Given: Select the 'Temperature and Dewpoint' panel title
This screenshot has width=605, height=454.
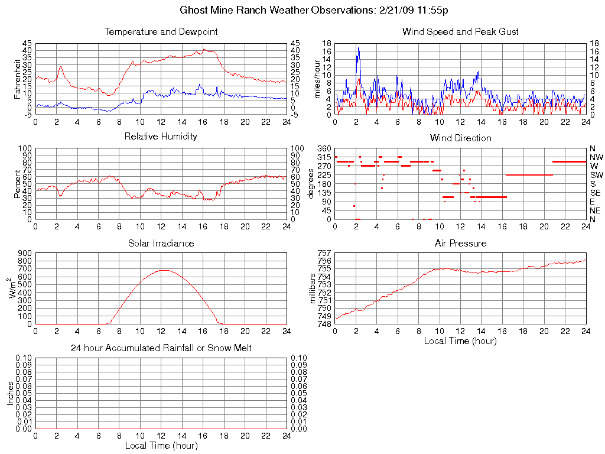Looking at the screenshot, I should (x=161, y=32).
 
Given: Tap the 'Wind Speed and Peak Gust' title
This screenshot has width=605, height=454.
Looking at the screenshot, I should (x=460, y=32).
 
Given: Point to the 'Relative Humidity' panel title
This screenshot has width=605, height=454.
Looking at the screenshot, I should (x=161, y=137).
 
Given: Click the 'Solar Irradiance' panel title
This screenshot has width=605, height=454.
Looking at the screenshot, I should (x=161, y=243).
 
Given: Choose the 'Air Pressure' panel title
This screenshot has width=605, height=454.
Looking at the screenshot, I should (x=460, y=243).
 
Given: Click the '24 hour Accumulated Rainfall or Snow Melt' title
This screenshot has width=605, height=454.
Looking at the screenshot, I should (x=161, y=348).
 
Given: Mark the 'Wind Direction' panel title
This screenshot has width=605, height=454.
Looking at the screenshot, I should (x=460, y=138).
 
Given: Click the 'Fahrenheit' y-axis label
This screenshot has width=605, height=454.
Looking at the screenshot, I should (x=17, y=79).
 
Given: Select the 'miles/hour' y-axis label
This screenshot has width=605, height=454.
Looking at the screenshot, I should (x=317, y=79).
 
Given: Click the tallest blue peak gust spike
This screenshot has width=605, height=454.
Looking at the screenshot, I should (x=358, y=48).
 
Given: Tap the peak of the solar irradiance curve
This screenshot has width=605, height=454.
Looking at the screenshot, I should (x=163, y=270).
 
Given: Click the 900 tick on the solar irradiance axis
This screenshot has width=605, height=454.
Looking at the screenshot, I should (x=25, y=253).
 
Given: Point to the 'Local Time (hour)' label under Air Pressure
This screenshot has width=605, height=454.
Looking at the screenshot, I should (x=460, y=340).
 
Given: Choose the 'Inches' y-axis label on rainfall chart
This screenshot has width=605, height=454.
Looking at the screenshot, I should (x=10, y=393).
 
